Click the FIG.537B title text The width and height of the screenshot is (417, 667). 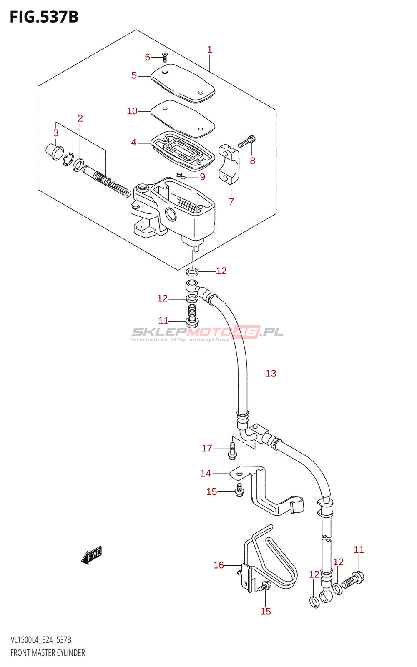[44, 17]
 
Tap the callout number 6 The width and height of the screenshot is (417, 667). [147, 57]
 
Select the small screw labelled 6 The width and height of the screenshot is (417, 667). [164, 56]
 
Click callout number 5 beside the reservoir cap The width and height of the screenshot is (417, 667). [134, 75]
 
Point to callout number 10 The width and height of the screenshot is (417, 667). [132, 111]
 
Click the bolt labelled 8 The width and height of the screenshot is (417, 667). [247, 141]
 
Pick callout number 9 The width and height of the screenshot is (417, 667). [202, 177]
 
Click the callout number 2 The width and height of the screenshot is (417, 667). [80, 118]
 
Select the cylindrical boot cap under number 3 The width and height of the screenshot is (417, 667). [54, 151]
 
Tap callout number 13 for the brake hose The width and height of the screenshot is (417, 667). [271, 374]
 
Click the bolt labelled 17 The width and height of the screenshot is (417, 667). [232, 451]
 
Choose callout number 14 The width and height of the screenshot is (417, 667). [206, 474]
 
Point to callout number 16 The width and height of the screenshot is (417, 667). [219, 565]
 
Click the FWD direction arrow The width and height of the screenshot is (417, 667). [92, 555]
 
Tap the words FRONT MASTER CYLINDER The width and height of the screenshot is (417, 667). [48, 653]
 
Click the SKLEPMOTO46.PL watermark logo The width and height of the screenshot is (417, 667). [207, 333]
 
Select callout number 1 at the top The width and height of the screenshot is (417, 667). [209, 50]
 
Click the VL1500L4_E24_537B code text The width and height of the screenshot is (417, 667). [41, 640]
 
